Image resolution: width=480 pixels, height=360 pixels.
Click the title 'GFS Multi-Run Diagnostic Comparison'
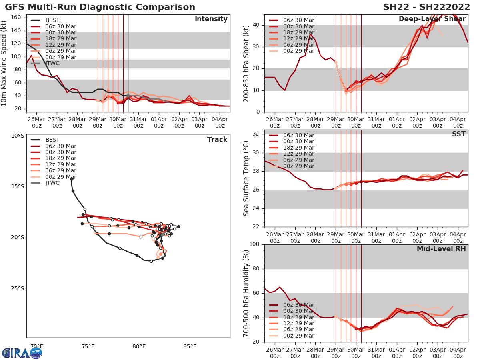(x=100, y=7)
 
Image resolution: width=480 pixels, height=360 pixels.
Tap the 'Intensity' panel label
(x=211, y=19)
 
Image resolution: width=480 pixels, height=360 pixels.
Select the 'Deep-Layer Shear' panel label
(x=432, y=19)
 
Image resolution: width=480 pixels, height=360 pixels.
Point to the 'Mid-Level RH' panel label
(x=441, y=249)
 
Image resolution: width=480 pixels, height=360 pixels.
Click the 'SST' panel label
(x=459, y=134)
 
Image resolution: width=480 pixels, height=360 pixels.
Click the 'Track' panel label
(x=217, y=140)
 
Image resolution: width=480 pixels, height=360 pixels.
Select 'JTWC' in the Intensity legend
(x=53, y=63)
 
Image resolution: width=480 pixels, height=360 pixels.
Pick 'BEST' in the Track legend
(x=52, y=140)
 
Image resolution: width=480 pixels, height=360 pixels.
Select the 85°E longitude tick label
(x=190, y=346)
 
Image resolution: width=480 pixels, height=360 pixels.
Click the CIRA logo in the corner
(x=22, y=353)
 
